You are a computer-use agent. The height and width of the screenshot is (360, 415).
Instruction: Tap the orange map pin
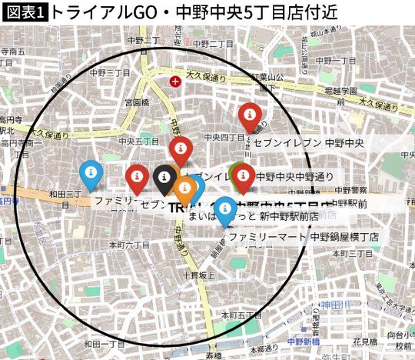point(184,187)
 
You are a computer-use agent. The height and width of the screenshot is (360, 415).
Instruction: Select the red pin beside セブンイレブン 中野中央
point(249,116)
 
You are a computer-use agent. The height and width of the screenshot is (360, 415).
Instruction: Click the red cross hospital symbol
point(176,80)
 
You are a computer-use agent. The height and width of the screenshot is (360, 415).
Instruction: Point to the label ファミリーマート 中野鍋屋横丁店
point(304,237)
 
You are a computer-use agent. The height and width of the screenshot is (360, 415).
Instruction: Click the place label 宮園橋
point(137,102)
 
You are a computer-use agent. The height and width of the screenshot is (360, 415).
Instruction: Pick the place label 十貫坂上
point(195,274)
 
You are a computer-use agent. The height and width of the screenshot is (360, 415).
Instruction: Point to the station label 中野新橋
point(303,341)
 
